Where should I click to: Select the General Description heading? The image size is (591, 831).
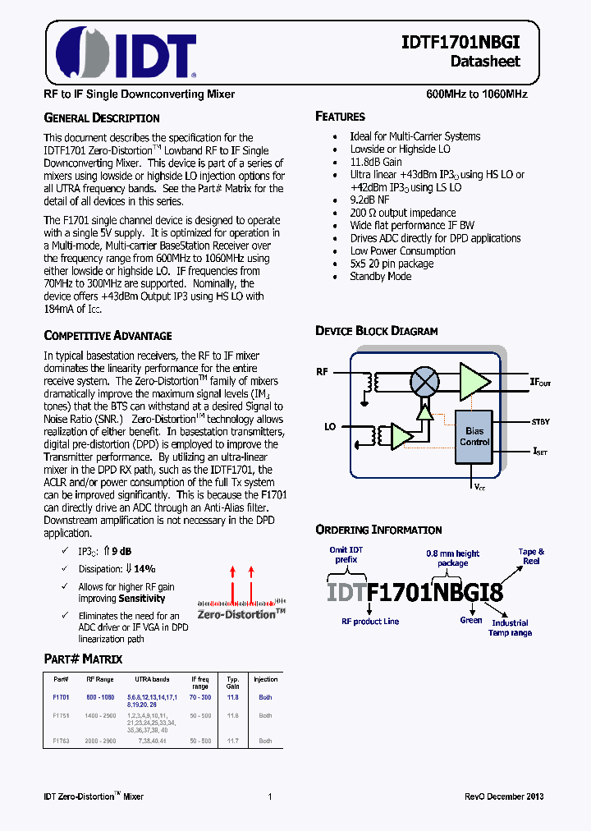(x=101, y=117)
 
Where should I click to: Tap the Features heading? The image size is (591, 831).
(x=340, y=117)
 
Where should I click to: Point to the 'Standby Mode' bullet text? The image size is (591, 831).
(x=379, y=277)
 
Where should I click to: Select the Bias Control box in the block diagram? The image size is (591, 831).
(x=474, y=436)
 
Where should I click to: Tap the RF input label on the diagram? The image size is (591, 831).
(x=323, y=372)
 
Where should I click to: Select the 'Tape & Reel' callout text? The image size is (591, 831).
(x=531, y=556)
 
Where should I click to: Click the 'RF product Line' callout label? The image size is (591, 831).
(x=370, y=621)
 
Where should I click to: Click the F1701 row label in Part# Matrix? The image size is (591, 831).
(x=61, y=696)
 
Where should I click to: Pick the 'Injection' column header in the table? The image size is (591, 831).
(x=265, y=679)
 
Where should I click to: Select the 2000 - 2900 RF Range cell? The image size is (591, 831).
(x=99, y=741)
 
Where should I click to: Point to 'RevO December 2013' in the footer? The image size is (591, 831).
(x=504, y=797)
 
